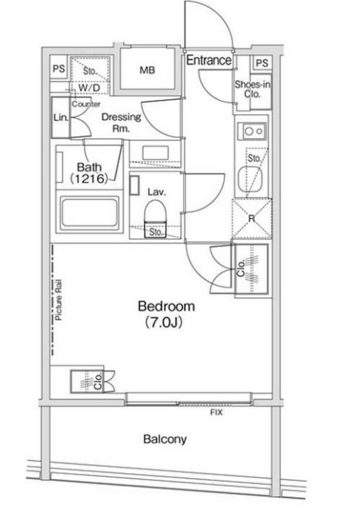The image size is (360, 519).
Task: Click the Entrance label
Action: click(x=209, y=60)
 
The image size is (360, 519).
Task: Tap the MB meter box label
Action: click(x=147, y=70)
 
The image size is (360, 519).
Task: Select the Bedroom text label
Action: click(x=166, y=306)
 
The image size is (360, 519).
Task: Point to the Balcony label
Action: click(x=165, y=439)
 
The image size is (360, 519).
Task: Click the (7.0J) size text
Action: click(x=164, y=323)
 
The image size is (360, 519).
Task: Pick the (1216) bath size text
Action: click(x=89, y=179)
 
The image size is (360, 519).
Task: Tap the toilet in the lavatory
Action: click(x=155, y=214)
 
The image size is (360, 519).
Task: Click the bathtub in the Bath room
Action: click(x=89, y=213)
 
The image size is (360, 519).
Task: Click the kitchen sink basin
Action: click(x=250, y=179)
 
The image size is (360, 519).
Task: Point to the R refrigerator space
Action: click(x=252, y=218)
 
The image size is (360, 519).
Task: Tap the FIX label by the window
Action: click(x=216, y=412)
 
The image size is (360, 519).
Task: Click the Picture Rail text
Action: click(x=59, y=300)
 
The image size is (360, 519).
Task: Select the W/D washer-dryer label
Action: click(x=89, y=87)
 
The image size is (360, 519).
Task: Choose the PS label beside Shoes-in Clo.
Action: click(x=261, y=63)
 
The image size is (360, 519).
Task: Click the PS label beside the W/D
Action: click(x=59, y=68)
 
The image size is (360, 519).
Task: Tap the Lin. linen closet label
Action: click(x=61, y=117)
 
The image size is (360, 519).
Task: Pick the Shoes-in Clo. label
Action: click(x=253, y=90)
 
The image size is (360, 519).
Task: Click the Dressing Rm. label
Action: click(x=121, y=122)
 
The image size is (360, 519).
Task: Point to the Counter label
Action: click(x=86, y=104)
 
